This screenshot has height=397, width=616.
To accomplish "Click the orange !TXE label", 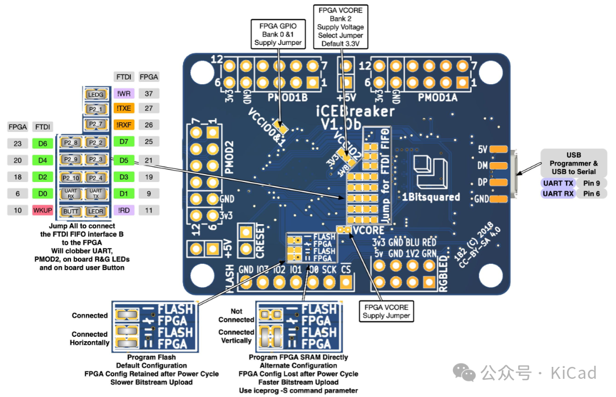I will point(124,108).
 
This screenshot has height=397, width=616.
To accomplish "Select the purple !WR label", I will point(124,93).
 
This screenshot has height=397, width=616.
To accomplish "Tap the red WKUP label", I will point(43,210).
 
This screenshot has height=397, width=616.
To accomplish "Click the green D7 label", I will point(124,141).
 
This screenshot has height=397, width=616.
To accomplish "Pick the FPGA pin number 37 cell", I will point(149,93).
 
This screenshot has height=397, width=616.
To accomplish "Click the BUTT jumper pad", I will point(71,210).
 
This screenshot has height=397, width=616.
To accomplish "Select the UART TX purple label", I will point(557,183).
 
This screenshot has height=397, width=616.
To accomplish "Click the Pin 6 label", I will point(592,193).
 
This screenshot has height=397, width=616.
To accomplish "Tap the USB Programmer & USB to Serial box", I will point(573,163).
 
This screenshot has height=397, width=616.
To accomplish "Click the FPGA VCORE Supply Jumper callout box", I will point(386,311).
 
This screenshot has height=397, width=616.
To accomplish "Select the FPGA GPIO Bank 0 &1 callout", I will point(278,34).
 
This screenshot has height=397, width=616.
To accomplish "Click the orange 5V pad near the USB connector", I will point(498,149).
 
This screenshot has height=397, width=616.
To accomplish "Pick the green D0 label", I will point(43,193).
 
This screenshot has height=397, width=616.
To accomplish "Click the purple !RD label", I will point(124,210).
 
